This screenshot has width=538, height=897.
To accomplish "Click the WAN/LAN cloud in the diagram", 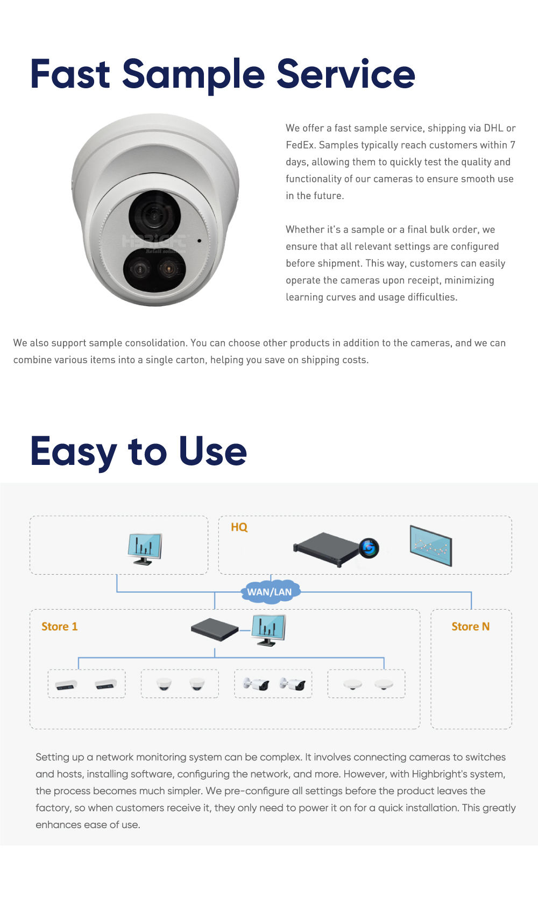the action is pos(271,591).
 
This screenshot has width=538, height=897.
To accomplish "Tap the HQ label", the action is pos(239,527).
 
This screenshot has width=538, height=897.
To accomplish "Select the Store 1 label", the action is pos(60,626).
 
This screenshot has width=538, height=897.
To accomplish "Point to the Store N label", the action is pos(471,626).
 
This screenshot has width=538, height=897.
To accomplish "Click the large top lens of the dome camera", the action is pos(154,215).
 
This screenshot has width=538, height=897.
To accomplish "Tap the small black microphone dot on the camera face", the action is pos(199,241).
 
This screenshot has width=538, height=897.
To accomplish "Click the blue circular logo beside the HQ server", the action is pos(369,548).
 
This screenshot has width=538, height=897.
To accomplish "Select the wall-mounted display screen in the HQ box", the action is pos(431,546).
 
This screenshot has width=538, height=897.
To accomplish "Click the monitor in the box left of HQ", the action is pos(145,549).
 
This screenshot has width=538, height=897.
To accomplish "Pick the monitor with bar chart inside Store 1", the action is pos(268,630).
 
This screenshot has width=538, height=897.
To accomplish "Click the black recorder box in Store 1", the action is pos(215,630).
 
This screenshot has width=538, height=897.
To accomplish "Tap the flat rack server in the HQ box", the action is pos(326,549).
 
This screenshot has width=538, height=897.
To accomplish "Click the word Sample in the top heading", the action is pos(193,74).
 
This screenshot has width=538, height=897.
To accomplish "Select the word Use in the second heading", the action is pos(213,451).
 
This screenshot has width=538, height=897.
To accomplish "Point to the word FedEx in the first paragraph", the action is pos(300,145).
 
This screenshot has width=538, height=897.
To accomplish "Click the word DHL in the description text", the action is pos(493,128).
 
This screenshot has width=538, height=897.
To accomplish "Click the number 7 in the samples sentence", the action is pos(512,145).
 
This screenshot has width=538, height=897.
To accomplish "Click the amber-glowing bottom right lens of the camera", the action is pos(169,269).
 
